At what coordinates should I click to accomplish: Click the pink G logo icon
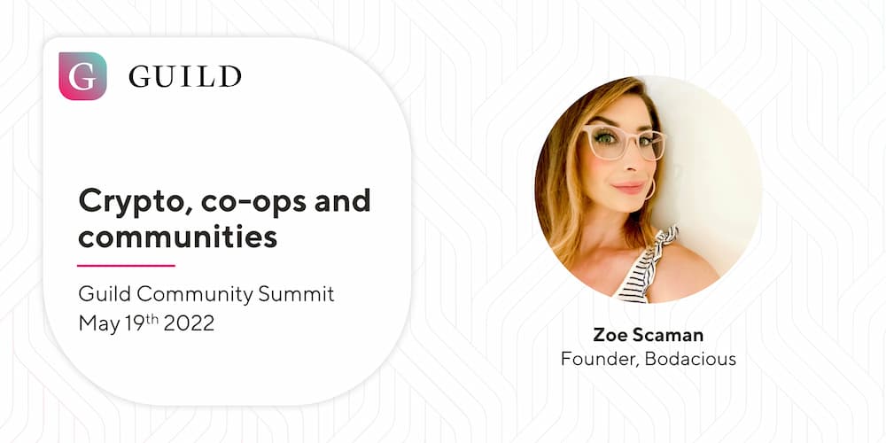[x=82, y=76]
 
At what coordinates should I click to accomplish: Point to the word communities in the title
[x=177, y=237]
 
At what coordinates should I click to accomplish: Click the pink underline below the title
[x=126, y=265]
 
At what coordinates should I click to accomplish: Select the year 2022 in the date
[x=190, y=323]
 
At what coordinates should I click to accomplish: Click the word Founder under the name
[x=600, y=359]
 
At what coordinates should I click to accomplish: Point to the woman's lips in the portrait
[x=629, y=188]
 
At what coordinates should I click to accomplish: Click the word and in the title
[x=342, y=201]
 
